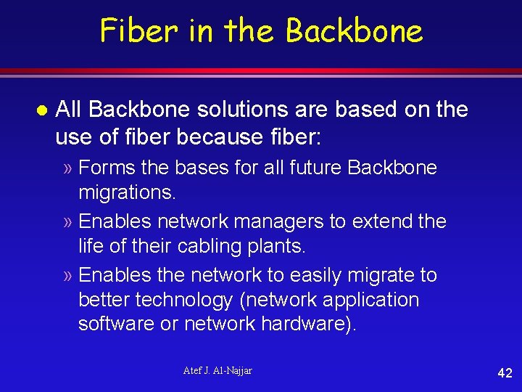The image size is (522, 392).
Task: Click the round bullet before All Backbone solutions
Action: tap(41, 110)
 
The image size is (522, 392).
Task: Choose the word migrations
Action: tap(127, 192)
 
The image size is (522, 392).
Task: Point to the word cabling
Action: tap(204, 246)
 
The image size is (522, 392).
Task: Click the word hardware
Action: tap(309, 324)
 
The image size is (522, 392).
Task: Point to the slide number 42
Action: tap(505, 373)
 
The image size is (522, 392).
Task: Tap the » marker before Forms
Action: tap(67, 168)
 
